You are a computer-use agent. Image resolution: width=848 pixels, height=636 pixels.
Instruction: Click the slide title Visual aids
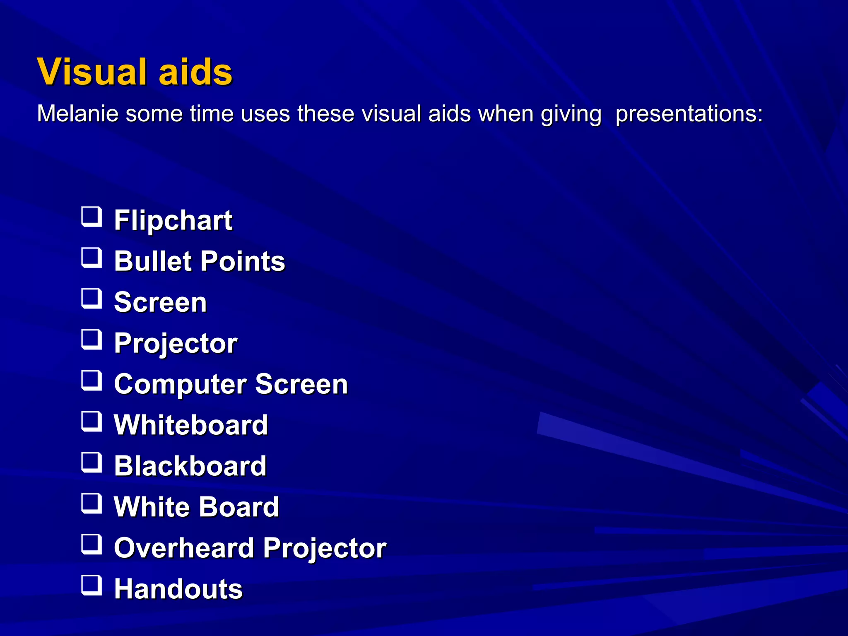tap(135, 72)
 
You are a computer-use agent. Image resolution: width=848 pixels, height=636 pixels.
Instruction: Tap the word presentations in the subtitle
tap(689, 114)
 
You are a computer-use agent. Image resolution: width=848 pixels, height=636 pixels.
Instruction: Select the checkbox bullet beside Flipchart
tap(91, 217)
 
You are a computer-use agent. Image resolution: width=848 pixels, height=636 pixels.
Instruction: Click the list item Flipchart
tap(173, 220)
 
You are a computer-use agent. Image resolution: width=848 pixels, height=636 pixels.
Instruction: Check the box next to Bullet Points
tap(91, 258)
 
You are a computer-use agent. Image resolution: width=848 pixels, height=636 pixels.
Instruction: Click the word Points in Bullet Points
tap(243, 261)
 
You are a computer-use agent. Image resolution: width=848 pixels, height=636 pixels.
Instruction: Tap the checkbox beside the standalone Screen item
tap(91, 299)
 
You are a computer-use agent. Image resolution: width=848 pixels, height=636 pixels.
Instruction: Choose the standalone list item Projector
tap(176, 343)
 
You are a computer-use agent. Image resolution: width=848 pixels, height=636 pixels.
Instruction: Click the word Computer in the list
tap(180, 385)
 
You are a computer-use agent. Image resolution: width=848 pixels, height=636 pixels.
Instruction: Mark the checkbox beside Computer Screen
tap(91, 381)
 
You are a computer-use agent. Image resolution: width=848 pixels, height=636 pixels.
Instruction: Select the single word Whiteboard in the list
tap(191, 425)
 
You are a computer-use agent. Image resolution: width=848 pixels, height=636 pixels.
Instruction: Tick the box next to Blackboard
tap(91, 463)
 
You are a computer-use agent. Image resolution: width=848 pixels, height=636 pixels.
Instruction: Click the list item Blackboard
tap(190, 466)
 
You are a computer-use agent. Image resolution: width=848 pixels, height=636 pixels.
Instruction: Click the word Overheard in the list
tap(184, 548)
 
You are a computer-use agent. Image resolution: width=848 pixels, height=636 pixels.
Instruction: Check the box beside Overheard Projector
tap(91, 544)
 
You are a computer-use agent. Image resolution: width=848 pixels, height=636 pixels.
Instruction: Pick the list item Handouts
tap(178, 589)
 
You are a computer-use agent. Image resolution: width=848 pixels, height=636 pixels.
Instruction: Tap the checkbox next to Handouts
tap(91, 585)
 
